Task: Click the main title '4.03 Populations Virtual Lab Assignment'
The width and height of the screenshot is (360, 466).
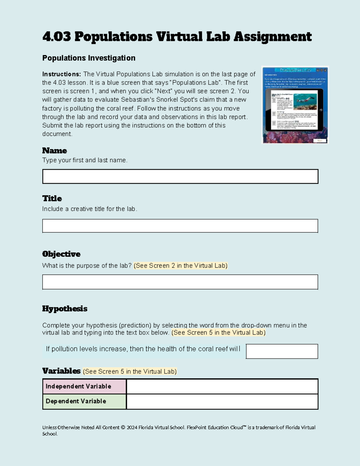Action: coord(177,37)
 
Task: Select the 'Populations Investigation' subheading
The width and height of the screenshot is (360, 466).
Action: coord(88,58)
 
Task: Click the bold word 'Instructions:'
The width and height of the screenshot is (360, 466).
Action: coord(61,74)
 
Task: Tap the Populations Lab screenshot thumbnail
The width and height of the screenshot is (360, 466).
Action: coord(295,105)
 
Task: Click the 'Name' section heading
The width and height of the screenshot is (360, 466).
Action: coord(54,151)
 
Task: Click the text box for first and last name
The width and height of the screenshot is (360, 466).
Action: coord(180,176)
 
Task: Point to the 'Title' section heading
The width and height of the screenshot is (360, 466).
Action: coord(52,198)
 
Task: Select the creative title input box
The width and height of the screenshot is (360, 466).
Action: coord(180,226)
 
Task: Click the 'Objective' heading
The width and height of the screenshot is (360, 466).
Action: coord(61,254)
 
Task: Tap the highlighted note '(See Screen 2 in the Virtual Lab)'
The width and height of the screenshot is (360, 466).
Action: coord(181,266)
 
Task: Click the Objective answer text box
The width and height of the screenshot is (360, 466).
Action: coord(180,282)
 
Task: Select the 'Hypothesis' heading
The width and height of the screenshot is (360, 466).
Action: coord(64,309)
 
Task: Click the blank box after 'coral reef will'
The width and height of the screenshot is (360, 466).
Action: coord(282,351)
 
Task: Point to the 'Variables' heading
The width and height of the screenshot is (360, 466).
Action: coord(61,371)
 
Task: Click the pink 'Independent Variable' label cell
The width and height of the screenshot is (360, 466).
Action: coord(84,386)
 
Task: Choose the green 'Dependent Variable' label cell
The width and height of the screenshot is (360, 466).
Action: coord(84,401)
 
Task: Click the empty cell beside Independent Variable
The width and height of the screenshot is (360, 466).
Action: coord(222,386)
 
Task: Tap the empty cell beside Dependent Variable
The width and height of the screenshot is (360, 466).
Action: coord(222,401)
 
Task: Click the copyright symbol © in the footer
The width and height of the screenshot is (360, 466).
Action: coord(123,428)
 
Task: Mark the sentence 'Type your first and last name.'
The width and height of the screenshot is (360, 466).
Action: coord(85,160)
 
